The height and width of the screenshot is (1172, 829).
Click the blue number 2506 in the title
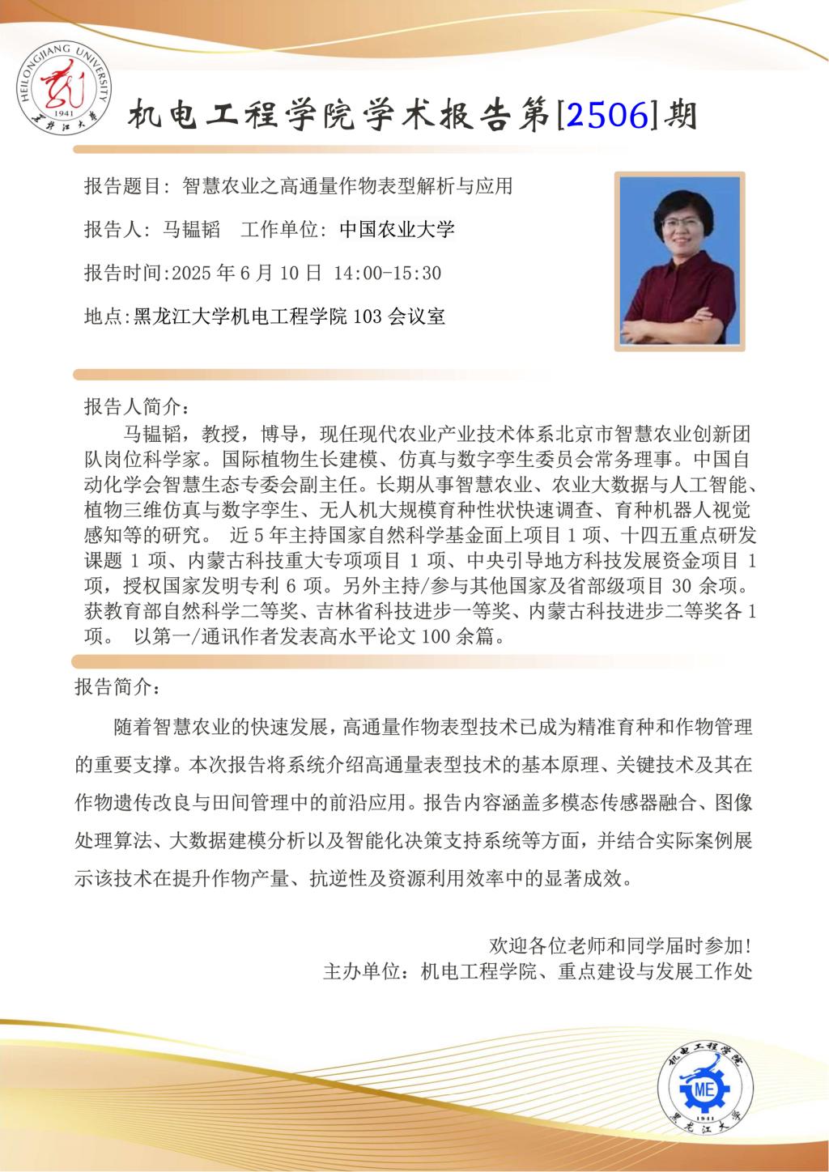pyautogui.click(x=608, y=117)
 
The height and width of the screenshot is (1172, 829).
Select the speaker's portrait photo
pyautogui.click(x=679, y=261)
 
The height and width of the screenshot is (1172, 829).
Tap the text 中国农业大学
pyautogui.click(x=397, y=230)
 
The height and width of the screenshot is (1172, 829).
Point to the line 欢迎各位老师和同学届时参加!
pyautogui.click(x=621, y=945)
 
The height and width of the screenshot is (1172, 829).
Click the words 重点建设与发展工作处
pyautogui.click(x=655, y=971)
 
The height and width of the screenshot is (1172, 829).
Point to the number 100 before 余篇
pyautogui.click(x=436, y=637)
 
